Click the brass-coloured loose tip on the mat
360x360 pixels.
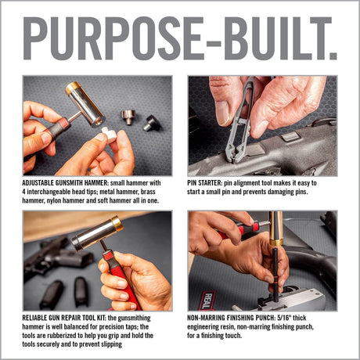[127, 117]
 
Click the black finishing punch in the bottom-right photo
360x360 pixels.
[276, 266]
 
